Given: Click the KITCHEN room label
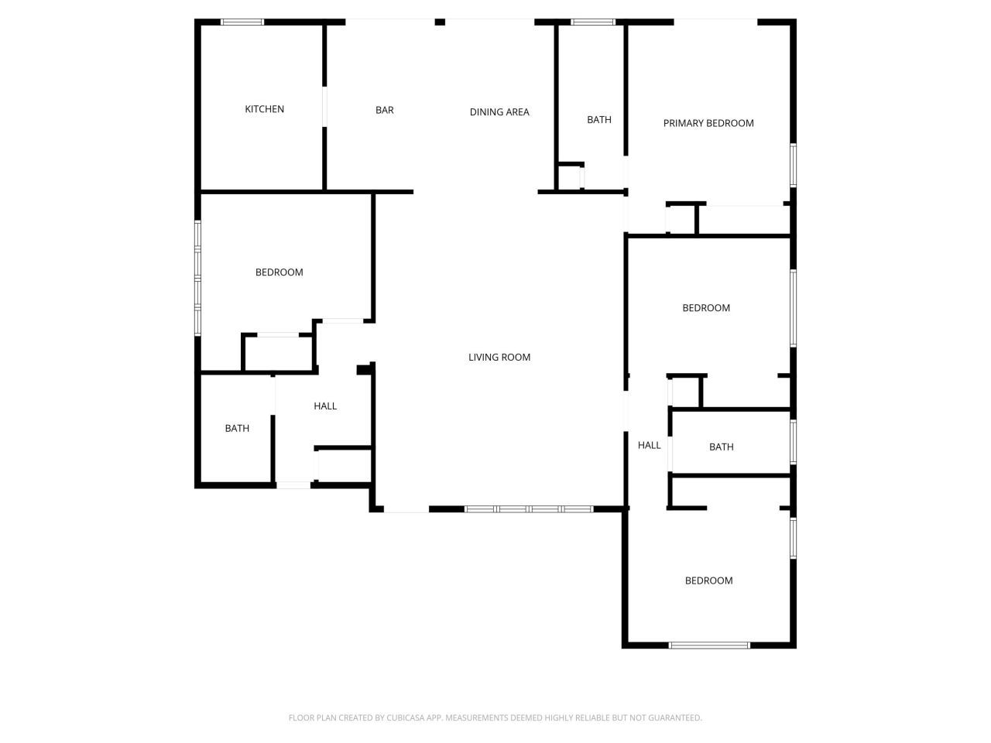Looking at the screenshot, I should point(264,109).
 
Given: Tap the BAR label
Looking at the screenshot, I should point(385,110).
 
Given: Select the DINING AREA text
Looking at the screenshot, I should point(499,112).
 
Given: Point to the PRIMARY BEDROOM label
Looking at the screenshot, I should point(708,123).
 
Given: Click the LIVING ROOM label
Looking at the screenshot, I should point(499,358).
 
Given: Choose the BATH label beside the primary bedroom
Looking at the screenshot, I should point(599,120).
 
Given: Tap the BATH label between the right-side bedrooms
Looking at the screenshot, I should point(721,447).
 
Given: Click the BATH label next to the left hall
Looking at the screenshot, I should point(237,428).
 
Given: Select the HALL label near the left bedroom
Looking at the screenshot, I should point(325,406).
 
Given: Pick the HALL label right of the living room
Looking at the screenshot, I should point(649,445).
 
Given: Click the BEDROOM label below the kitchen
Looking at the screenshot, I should point(279,272).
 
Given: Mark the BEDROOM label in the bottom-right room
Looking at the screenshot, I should point(708,580).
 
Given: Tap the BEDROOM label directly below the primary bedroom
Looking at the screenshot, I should point(706,308).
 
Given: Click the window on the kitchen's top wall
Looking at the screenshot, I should point(242,22).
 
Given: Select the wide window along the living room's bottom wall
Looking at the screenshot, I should point(529,508).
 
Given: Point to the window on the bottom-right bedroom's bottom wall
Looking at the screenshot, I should point(709,645).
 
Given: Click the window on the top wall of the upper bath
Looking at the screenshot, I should point(593,22).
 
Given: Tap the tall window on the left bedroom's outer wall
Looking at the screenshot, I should point(198,278).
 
